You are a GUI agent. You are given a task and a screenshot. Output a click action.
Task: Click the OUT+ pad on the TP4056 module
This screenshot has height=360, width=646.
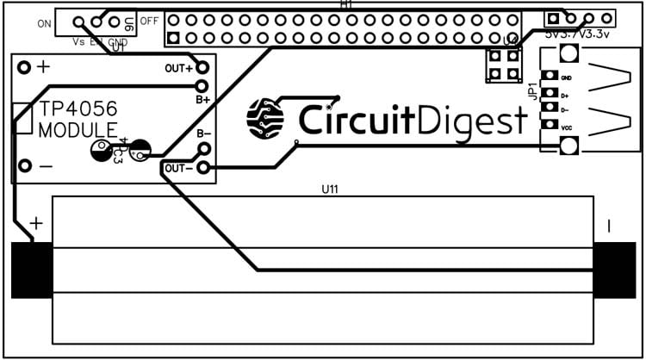[202, 68]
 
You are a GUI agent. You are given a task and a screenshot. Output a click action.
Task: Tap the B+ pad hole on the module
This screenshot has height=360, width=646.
[202, 85]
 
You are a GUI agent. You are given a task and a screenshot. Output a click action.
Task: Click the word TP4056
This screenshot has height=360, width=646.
[78, 109]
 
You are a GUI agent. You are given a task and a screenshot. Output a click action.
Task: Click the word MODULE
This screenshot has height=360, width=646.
[78, 130]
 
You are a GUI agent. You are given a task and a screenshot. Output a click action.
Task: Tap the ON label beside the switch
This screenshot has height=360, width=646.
[45, 23]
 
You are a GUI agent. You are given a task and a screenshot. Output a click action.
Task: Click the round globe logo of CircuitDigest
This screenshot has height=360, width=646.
[264, 118]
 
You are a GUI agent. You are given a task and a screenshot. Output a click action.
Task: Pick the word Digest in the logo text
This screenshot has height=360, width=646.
[477, 120]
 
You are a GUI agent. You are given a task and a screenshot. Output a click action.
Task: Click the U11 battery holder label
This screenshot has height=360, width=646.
[326, 189]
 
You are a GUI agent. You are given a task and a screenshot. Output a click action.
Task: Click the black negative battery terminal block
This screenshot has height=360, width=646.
[614, 270]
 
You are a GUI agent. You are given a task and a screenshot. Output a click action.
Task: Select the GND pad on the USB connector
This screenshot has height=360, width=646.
[546, 78]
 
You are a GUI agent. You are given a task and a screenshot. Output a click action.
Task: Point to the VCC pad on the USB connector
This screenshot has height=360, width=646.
[546, 127]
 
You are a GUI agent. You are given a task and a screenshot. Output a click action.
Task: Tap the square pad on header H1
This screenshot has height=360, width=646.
[173, 38]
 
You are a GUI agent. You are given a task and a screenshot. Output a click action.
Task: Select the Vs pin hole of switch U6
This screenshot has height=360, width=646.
[78, 23]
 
